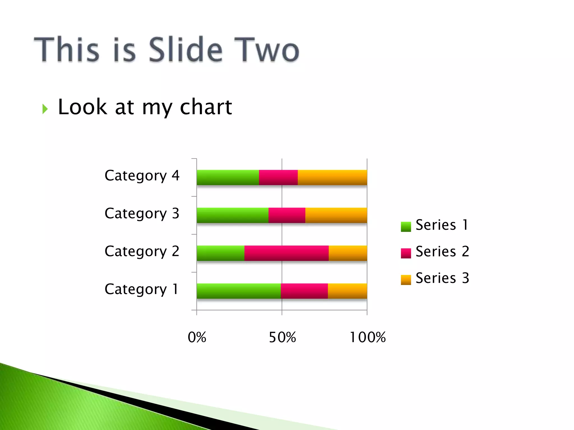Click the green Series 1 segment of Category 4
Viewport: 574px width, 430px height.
coord(228,177)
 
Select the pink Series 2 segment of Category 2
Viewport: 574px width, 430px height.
coord(286,253)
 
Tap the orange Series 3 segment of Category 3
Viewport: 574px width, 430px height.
coord(336,215)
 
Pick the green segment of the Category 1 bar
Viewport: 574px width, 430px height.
coord(239,291)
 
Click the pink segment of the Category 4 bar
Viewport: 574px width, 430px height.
coord(278,177)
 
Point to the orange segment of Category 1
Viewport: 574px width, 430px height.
coord(347,291)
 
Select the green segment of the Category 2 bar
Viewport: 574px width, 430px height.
coord(220,253)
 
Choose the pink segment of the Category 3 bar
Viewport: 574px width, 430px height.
coord(287,215)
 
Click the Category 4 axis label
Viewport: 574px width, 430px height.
coord(142,176)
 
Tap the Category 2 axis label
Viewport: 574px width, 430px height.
coord(142,251)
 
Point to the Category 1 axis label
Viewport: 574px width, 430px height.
coord(141,289)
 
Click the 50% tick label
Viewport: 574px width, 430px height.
coord(282,337)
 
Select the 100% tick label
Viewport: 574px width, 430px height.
coord(367,337)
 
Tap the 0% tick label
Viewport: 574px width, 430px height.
coord(197,337)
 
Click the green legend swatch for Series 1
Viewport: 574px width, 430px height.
coord(406,226)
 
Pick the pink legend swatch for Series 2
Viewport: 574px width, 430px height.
coord(406,253)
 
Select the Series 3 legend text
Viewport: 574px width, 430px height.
coord(442,278)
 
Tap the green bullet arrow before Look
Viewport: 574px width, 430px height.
coord(45,109)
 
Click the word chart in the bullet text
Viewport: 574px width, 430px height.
coord(206,107)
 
